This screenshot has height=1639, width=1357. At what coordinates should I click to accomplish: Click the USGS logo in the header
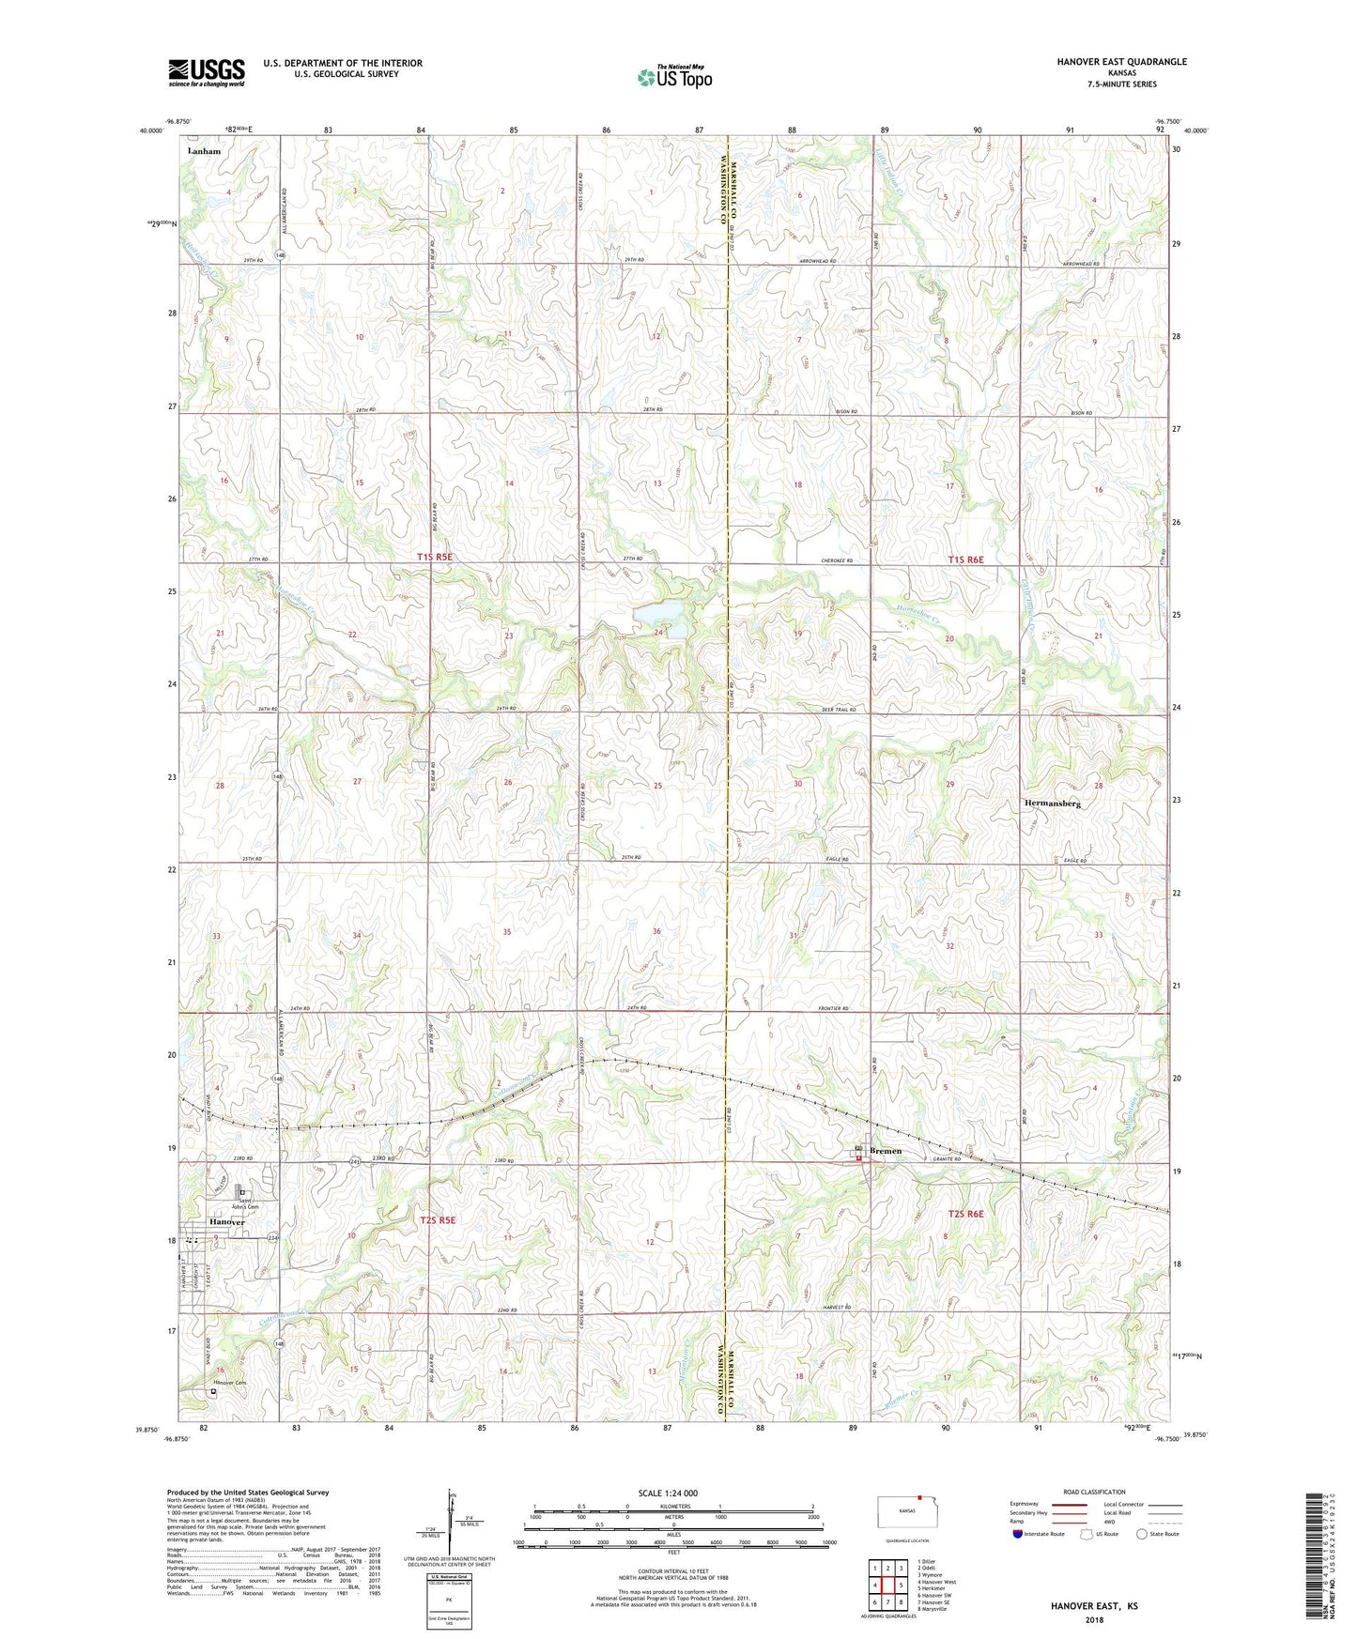(x=207, y=71)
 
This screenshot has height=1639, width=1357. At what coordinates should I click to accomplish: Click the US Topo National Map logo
(x=673, y=76)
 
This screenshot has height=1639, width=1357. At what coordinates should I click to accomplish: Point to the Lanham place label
(x=204, y=151)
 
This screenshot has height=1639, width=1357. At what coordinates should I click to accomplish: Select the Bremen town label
(x=886, y=1150)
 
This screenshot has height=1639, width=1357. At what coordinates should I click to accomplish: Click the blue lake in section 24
(x=661, y=614)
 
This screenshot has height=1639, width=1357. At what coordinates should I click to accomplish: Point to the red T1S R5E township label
(x=435, y=558)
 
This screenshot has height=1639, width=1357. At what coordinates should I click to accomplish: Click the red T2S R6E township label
(x=966, y=1214)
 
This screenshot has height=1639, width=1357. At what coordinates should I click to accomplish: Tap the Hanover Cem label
(x=228, y=1383)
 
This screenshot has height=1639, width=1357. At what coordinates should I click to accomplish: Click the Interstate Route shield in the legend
(x=1018, y=1534)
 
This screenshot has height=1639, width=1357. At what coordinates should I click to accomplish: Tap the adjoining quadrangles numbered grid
(x=887, y=1586)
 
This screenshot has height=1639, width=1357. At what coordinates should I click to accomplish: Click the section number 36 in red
(x=656, y=931)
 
